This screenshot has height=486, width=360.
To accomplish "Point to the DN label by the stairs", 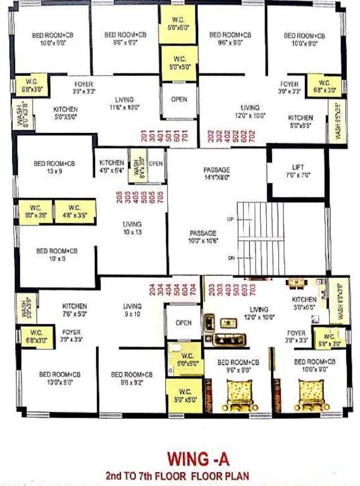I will [231, 257].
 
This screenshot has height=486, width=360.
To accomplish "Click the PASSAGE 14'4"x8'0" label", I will [216, 175].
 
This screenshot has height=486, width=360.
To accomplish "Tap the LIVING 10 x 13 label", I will [132, 228].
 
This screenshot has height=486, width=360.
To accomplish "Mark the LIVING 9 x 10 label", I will [132, 310].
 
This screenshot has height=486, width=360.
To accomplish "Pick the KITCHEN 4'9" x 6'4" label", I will [111, 166].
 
